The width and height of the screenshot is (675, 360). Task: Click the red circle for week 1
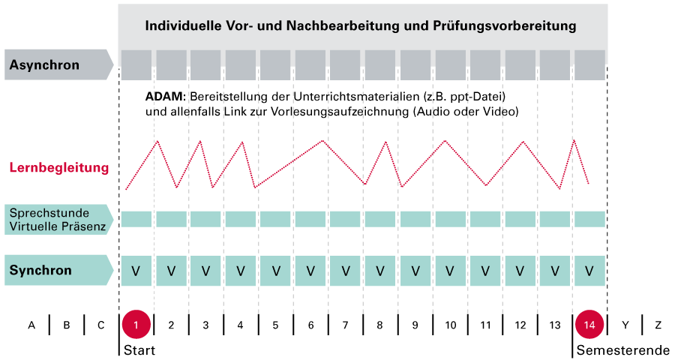(136, 325)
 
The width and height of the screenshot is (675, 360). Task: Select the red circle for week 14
(589, 325)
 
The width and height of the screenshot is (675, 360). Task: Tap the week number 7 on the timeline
(345, 325)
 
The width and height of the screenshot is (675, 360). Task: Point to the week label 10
(450, 325)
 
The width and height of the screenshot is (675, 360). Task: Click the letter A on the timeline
(31, 325)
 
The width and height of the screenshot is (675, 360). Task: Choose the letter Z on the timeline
(658, 325)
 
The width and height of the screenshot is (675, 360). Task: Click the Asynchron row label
(44, 65)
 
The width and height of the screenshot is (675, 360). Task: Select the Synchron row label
(40, 270)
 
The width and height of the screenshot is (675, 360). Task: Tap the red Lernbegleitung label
(58, 167)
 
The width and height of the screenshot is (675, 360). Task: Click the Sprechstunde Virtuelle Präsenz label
(58, 218)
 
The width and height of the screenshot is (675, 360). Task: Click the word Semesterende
(622, 350)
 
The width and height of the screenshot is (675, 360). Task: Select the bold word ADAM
(165, 97)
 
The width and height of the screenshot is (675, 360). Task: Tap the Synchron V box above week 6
(310, 270)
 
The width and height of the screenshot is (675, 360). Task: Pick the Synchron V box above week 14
(589, 270)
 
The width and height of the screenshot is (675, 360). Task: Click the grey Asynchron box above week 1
(136, 65)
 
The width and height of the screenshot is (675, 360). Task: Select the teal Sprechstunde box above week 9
(415, 218)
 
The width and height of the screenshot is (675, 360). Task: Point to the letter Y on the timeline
(624, 325)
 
